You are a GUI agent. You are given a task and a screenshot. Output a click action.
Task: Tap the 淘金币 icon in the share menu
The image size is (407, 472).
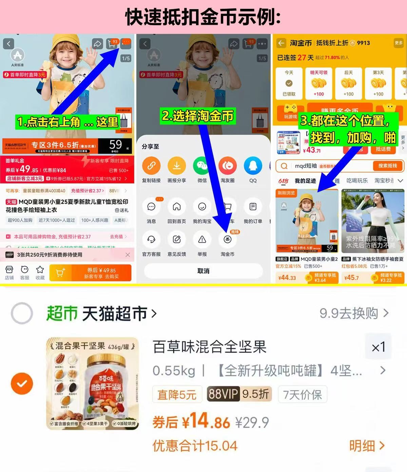pyautogui.click(x=227, y=240)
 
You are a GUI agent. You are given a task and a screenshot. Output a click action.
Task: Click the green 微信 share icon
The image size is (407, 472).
pyautogui.click(x=202, y=166)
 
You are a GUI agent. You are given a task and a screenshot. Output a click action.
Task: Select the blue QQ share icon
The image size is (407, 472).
pyautogui.click(x=253, y=166)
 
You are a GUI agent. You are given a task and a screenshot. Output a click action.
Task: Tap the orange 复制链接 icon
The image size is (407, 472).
pyautogui.click(x=151, y=166)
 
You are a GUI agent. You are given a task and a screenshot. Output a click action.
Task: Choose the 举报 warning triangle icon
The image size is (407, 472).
pyautogui.click(x=202, y=240)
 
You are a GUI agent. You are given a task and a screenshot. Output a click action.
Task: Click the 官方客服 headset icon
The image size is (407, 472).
pyautogui.click(x=151, y=240)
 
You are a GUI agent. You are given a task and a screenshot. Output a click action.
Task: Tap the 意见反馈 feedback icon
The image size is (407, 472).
pyautogui.click(x=177, y=240)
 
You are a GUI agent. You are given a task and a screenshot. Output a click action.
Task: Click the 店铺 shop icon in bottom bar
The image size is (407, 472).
pyautogui.click(x=9, y=270)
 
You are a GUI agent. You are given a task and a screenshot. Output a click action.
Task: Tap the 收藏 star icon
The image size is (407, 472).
pyautogui.click(x=40, y=270)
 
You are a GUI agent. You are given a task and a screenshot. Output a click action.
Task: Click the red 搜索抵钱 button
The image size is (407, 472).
pyautogui.click(x=387, y=166)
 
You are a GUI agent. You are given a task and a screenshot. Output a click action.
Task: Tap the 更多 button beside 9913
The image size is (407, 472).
pyautogui.click(x=399, y=43)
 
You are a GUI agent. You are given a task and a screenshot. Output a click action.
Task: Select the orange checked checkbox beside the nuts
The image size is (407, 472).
pyautogui.click(x=22, y=383)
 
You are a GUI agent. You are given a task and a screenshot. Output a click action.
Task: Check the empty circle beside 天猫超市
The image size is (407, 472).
pyautogui.click(x=22, y=313)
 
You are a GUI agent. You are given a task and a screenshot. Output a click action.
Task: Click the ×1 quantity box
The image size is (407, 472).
pyautogui.click(x=378, y=347)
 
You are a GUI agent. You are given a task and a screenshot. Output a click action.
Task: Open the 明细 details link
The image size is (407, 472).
pyautogui.click(x=367, y=446)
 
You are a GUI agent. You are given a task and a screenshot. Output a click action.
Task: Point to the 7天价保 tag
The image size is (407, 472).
pyautogui.click(x=303, y=394)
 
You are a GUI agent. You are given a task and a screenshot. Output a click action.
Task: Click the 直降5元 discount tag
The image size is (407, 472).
pyautogui.click(x=177, y=394)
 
